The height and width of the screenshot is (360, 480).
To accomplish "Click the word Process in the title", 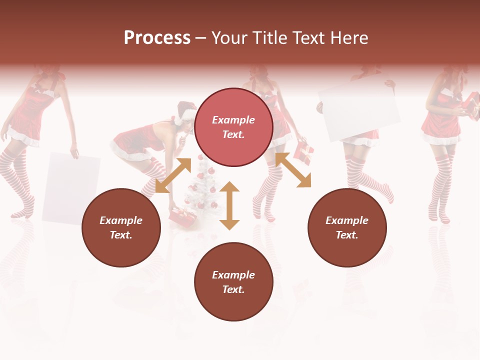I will coord(157,38).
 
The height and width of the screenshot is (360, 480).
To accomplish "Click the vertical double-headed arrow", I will coord(229,205).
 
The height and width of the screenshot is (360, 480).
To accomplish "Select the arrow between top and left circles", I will coord(173,175).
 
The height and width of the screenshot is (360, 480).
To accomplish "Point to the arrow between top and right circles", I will coord(293,170).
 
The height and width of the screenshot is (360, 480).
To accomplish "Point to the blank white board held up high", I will coord(359,112).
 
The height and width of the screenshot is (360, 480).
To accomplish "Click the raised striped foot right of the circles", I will coord(382,192).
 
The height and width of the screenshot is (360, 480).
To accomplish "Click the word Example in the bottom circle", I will coord(233,275).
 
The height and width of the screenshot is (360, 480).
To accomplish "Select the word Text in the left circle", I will coord(121,235).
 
